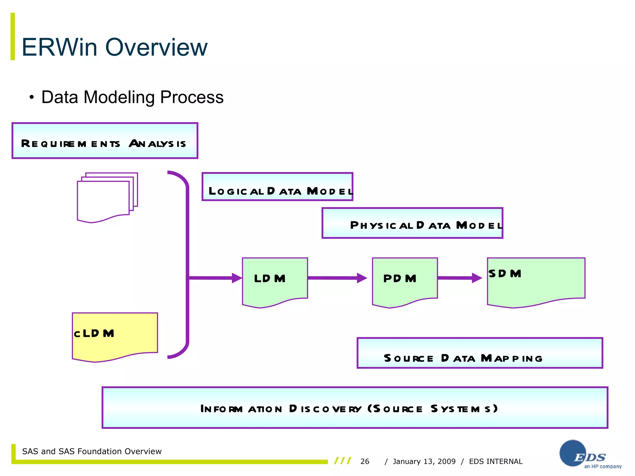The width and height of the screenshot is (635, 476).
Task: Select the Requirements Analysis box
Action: [x=105, y=141]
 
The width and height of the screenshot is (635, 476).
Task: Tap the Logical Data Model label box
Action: [x=277, y=187]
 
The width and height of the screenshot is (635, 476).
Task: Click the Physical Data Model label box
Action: [x=412, y=223]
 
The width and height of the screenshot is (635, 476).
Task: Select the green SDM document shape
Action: [x=536, y=280]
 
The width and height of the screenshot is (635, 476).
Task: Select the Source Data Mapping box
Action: [x=480, y=353]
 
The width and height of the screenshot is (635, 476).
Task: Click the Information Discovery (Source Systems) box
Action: [x=355, y=408]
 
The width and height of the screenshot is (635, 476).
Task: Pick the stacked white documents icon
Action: [x=107, y=197]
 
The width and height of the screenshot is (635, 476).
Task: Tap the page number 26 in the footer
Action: [x=365, y=461]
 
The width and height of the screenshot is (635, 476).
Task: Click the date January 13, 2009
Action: [x=424, y=461]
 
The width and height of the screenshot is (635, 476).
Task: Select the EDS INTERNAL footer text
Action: [x=495, y=461]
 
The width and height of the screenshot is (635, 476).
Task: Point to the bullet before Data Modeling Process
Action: [x=31, y=98]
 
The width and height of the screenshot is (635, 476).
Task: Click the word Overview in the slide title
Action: [x=156, y=47]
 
